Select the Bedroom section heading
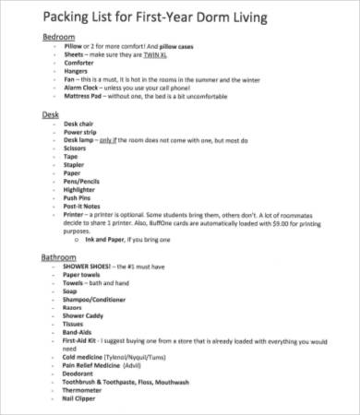(60, 36)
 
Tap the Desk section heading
(52, 115)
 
